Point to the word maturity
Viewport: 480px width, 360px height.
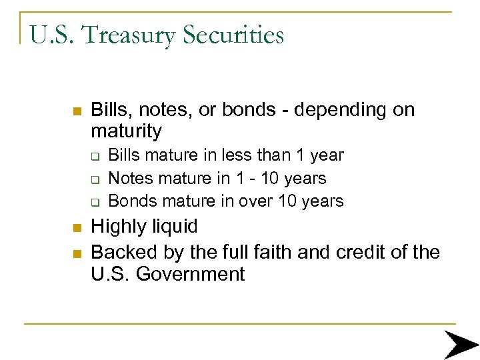point(126,131)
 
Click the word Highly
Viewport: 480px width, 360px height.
point(117,227)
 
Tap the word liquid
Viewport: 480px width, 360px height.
point(173,227)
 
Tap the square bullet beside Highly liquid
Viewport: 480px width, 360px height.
point(76,228)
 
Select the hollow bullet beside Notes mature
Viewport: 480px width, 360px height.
point(95,179)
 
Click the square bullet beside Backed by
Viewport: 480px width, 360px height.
point(76,253)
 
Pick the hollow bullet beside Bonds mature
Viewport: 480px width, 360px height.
point(95,202)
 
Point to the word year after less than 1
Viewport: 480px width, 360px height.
point(326,156)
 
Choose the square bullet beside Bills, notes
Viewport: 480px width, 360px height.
point(76,111)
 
